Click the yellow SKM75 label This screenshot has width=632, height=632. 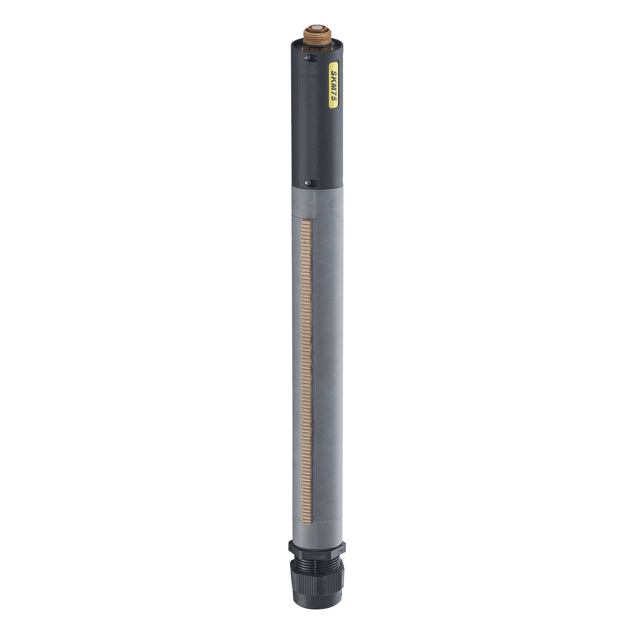334,84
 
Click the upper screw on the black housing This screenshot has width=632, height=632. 308,58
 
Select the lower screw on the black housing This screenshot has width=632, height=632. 308,183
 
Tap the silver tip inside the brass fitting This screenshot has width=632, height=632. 318,27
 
